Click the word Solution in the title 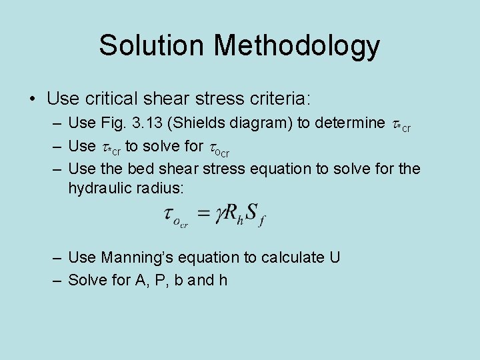153,45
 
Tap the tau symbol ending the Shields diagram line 395,123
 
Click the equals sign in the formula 203,213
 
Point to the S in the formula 251,213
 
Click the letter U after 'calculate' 335,257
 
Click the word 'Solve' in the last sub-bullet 87,279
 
